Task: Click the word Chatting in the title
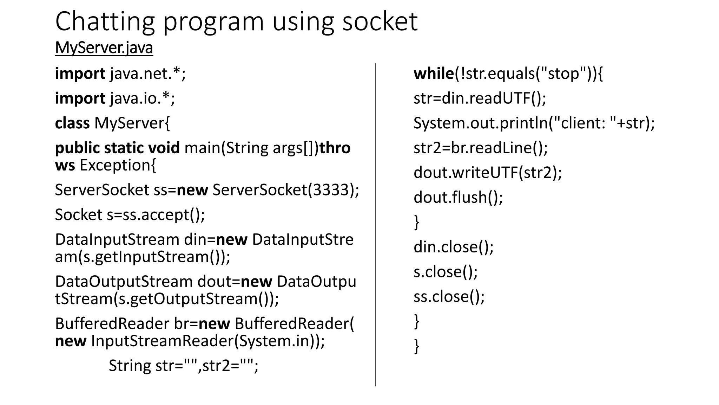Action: tap(105, 22)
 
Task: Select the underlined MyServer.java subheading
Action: tap(104, 48)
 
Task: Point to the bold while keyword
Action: tap(434, 74)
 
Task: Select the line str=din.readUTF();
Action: tap(480, 98)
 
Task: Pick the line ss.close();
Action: tap(449, 297)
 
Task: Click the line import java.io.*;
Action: tap(115, 98)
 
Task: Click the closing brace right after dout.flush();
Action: tap(417, 222)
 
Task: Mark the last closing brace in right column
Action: tap(417, 346)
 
